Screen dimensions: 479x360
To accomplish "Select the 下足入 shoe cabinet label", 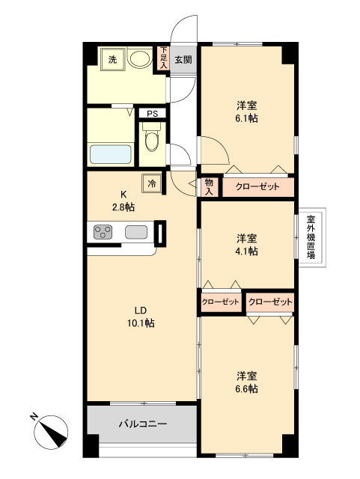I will click(162, 59).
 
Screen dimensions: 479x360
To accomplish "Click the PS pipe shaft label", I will click(152, 114).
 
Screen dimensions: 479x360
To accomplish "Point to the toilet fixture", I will click(152, 141).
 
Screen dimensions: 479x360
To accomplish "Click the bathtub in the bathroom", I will click(111, 155).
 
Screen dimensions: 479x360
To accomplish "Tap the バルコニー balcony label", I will click(142, 424).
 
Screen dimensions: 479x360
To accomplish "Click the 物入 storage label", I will click(209, 186).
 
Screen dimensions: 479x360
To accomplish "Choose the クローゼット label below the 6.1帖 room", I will click(257, 186).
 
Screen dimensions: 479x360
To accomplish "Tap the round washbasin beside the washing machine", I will click(138, 59).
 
